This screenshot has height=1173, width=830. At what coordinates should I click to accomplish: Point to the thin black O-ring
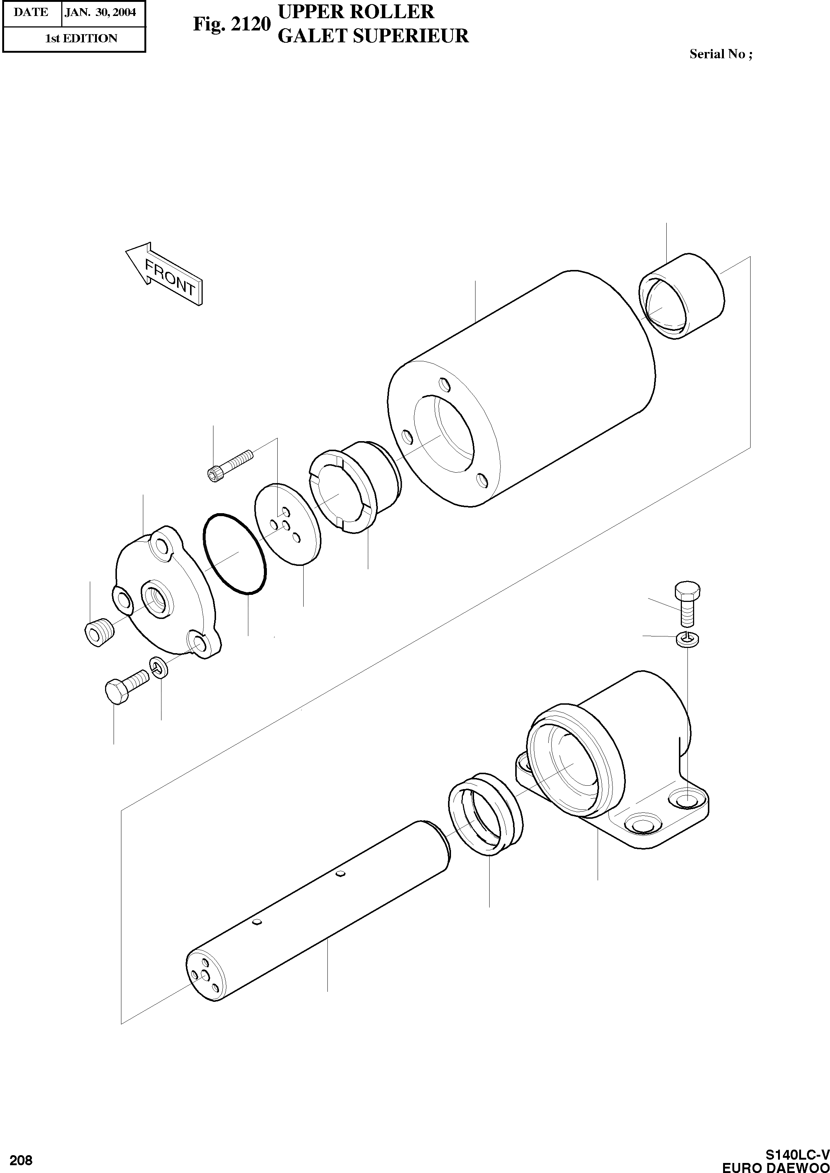coord(235,554)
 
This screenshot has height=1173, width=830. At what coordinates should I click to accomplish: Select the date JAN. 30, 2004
coord(100,12)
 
